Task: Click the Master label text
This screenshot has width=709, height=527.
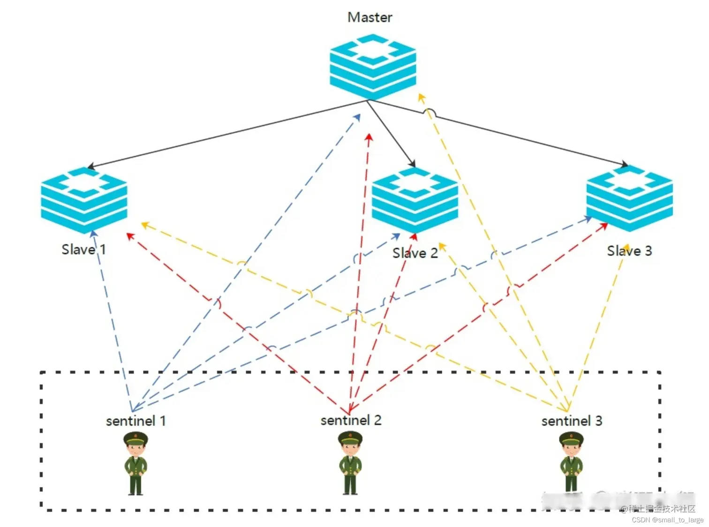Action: tap(370, 17)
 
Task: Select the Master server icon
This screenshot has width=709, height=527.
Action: tap(373, 66)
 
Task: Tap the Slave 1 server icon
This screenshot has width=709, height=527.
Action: tap(84, 199)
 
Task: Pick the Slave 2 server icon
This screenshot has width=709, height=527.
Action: tap(415, 199)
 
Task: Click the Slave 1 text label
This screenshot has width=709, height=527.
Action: tap(83, 249)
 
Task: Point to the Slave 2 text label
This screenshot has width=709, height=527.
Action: tap(415, 253)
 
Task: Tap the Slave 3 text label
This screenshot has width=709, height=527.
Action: tap(629, 251)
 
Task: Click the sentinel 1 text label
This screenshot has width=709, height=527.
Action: tap(136, 421)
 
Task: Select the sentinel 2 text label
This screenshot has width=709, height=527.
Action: tap(351, 420)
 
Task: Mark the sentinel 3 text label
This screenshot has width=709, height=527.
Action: tap(572, 421)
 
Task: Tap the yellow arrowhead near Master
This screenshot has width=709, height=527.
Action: tap(421, 97)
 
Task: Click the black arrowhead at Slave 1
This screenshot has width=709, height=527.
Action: tap(91, 166)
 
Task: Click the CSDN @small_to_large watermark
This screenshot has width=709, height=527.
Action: tap(667, 519)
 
